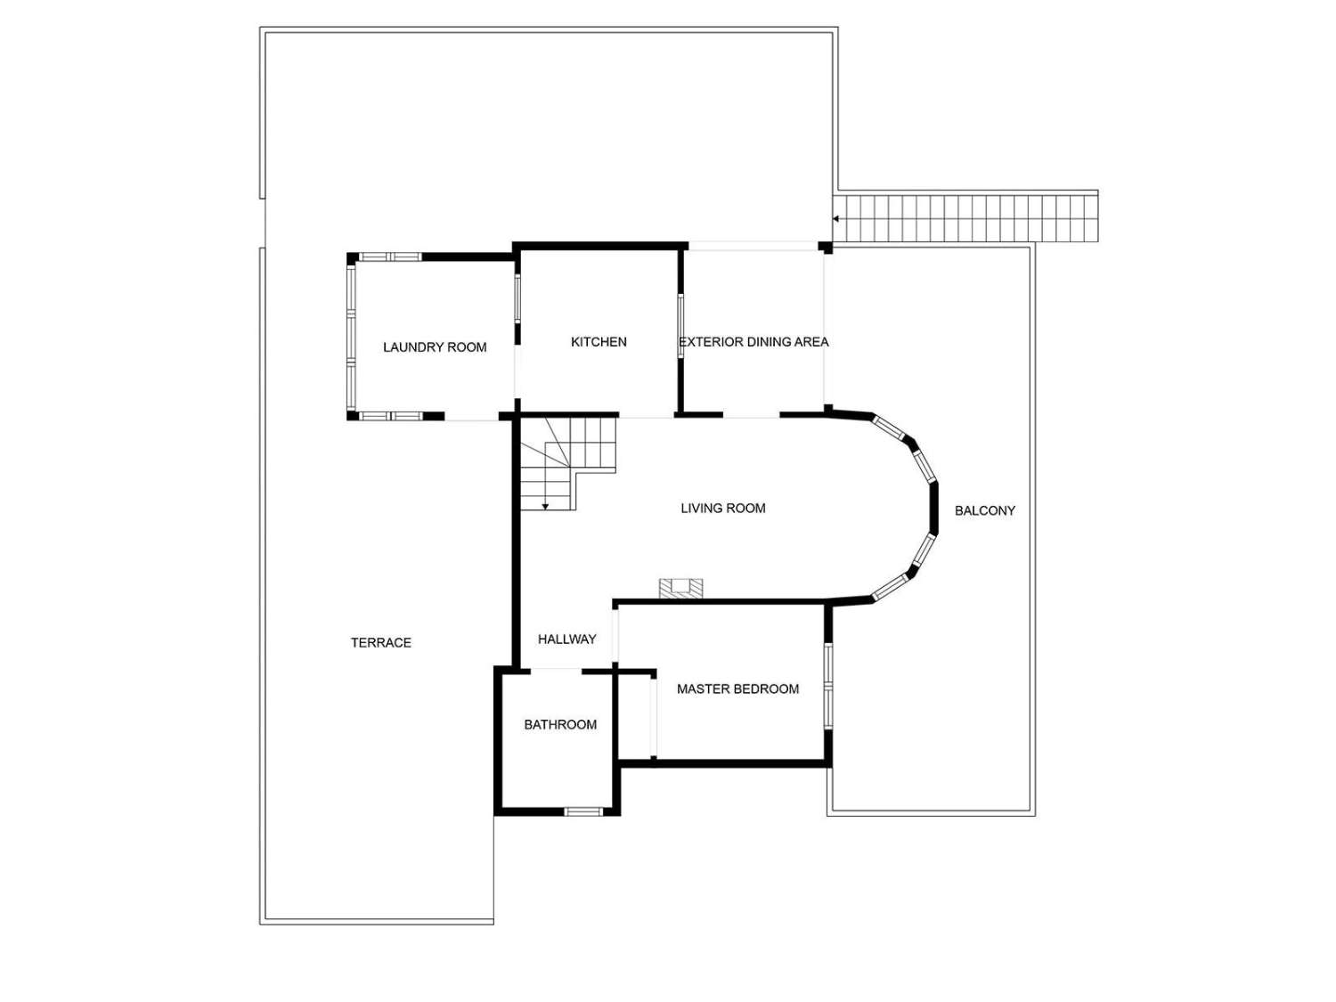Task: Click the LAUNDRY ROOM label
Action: [435, 347]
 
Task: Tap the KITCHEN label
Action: [599, 342]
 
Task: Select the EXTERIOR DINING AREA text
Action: [754, 342]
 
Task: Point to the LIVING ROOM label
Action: [723, 509]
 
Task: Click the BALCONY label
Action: [985, 511]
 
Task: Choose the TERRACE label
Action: [381, 643]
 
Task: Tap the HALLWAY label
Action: [567, 639]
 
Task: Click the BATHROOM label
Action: [560, 725]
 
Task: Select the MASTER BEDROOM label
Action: [737, 689]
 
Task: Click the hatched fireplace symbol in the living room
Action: [681, 588]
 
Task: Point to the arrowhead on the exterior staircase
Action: [836, 218]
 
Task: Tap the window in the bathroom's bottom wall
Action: [584, 811]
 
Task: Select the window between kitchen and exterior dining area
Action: [681, 325]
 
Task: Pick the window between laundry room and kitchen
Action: [517, 298]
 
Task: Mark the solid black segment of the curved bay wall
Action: [934, 508]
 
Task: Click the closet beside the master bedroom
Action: [636, 717]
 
